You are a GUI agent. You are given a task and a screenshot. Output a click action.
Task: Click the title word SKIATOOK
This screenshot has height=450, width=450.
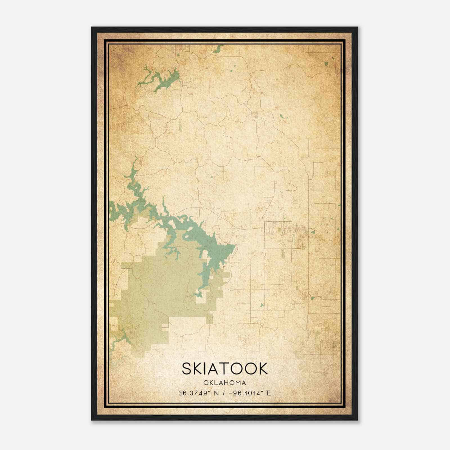coord(224,368)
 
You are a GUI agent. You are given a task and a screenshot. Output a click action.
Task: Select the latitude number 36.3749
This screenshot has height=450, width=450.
coord(194,393)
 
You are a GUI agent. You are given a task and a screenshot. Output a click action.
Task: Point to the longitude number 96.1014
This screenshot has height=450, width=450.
coord(246,393)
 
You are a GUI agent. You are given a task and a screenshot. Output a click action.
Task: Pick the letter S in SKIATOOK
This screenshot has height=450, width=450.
coord(188,368)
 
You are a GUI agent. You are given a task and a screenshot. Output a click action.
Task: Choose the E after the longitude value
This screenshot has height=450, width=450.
coord(269,393)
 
